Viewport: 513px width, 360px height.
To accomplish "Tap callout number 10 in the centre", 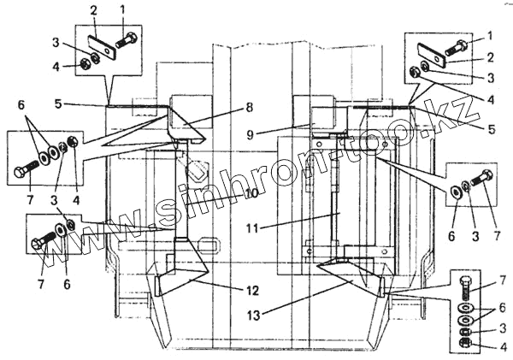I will pyautogui.click(x=250, y=192).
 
